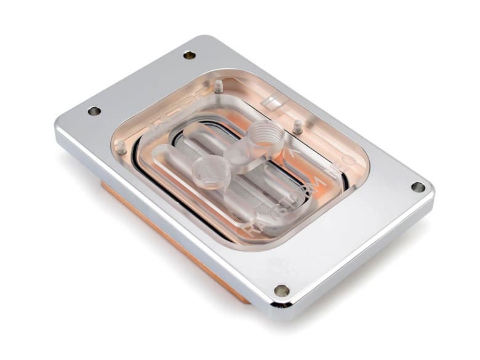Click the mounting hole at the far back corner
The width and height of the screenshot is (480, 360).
pyautogui.click(x=189, y=55)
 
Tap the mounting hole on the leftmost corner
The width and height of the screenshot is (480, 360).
pyautogui.click(x=94, y=111)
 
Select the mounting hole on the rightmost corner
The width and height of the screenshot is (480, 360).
pyautogui.click(x=418, y=186)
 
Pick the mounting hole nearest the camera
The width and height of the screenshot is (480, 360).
pyautogui.click(x=282, y=290)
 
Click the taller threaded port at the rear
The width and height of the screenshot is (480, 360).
pyautogui.click(x=263, y=134)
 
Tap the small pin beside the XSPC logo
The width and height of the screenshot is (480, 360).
pyautogui.click(x=218, y=86)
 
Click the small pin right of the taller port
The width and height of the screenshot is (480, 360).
pyautogui.click(x=297, y=127)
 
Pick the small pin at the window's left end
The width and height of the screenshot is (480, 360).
pyautogui.click(x=121, y=147)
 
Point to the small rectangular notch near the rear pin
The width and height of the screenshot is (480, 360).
pyautogui.click(x=269, y=101)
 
